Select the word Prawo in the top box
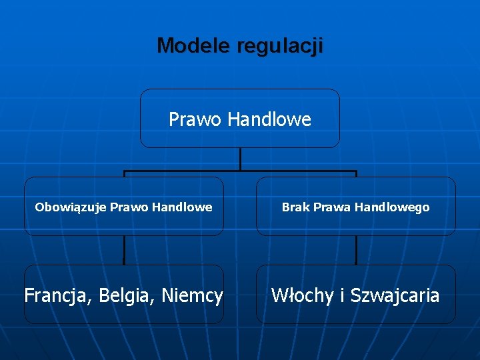(x=195, y=119)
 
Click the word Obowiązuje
(x=71, y=207)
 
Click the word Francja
(x=57, y=295)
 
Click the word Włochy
(x=302, y=295)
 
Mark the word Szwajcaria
(x=395, y=295)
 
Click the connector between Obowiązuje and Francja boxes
(x=124, y=251)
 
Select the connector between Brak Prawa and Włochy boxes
(x=356, y=251)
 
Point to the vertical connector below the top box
(x=240, y=159)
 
